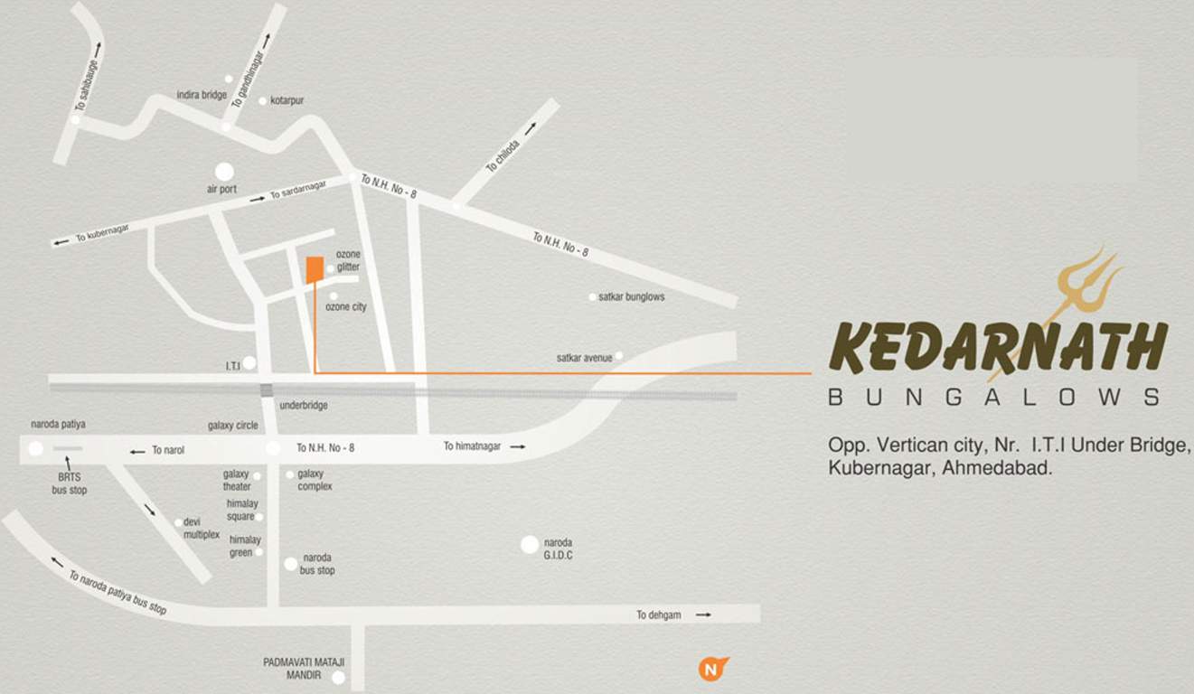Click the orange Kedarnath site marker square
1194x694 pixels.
[315, 270]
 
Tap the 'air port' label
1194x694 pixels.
[221, 190]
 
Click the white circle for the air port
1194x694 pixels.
[224, 171]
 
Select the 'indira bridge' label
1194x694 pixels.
[202, 95]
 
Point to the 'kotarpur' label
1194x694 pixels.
[287, 100]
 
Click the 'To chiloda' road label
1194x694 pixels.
[503, 155]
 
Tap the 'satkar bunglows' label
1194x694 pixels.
[631, 296]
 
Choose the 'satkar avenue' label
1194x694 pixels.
[584, 358]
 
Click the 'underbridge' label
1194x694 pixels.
[304, 406]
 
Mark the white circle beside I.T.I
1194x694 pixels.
[249, 362]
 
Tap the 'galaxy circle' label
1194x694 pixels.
[233, 426]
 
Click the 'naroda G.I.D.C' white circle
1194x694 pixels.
[530, 544]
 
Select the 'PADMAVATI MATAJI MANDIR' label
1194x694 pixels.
[304, 668]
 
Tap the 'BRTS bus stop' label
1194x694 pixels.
[69, 483]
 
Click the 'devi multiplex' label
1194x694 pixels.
[202, 528]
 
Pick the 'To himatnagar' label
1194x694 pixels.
[472, 446]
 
